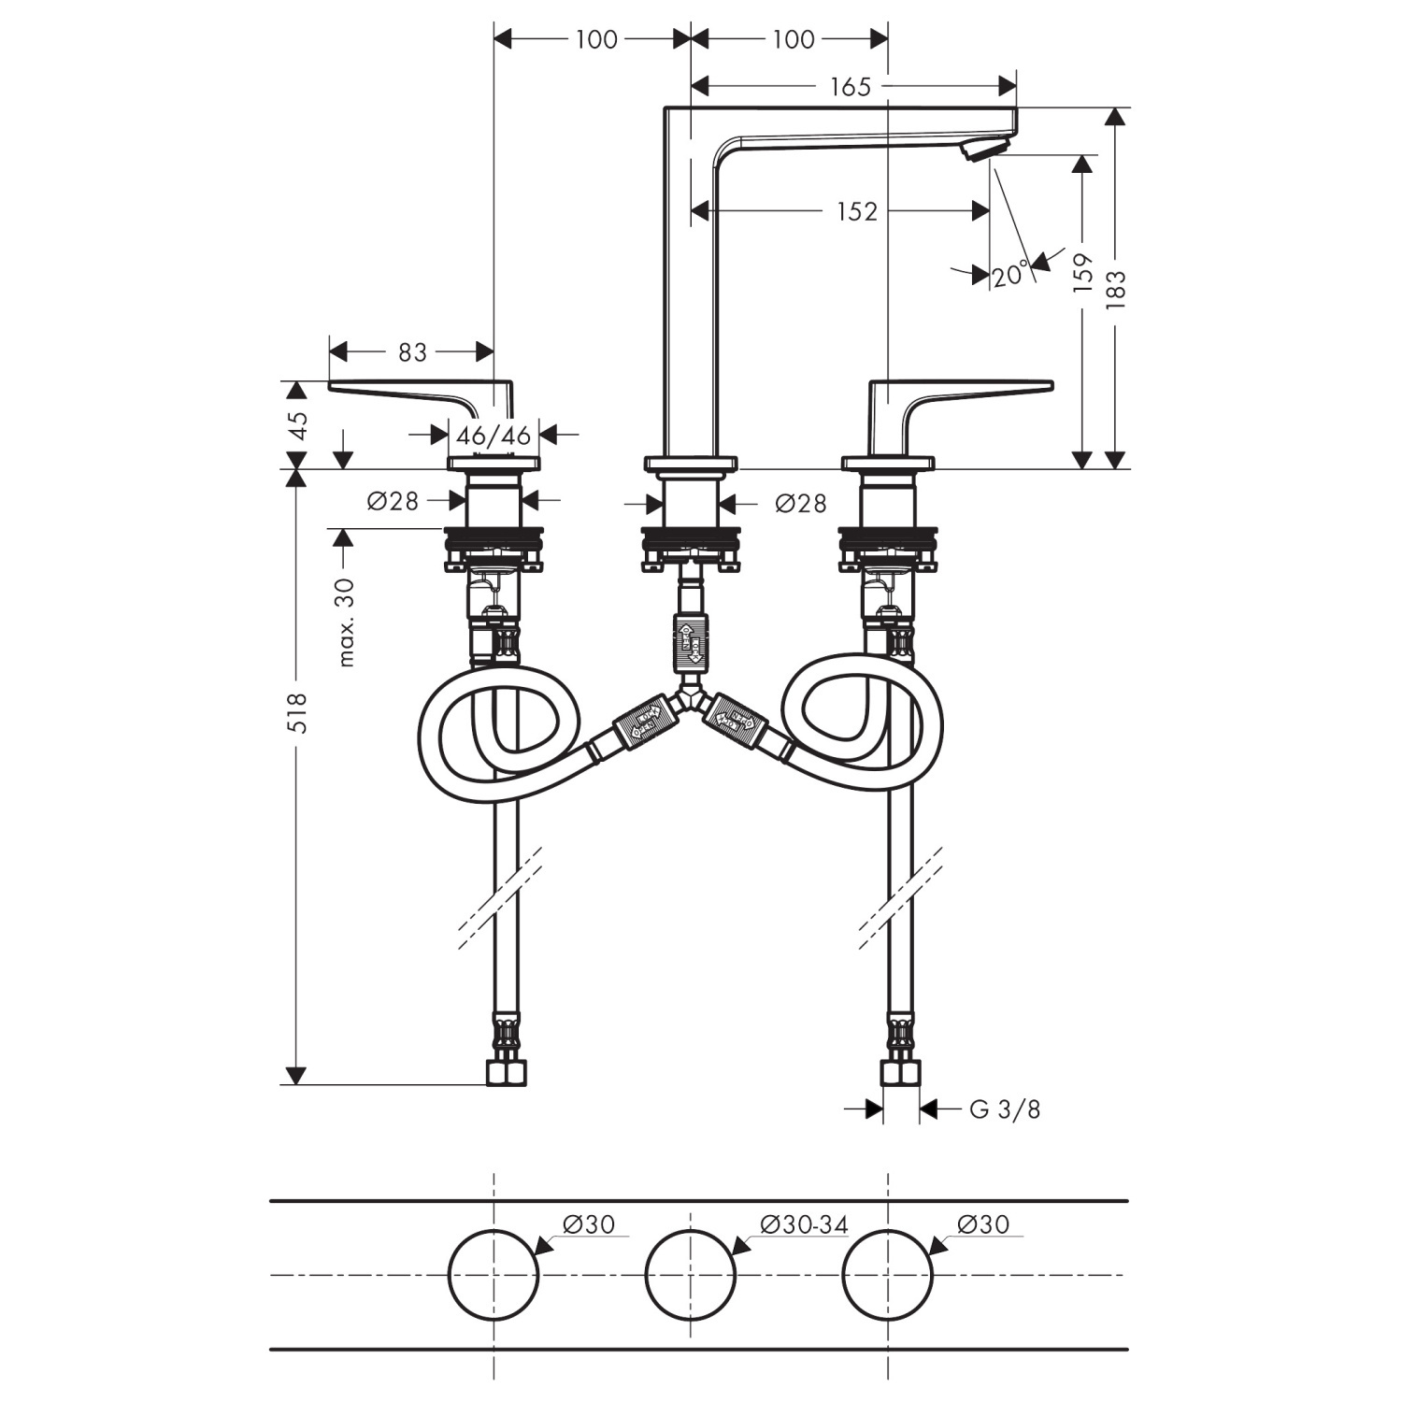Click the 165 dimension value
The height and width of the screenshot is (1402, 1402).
pos(850,87)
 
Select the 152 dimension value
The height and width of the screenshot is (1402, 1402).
pos(857,212)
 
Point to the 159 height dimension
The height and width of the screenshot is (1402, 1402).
pos(1082,273)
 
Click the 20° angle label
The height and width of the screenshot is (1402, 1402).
pos(1010,275)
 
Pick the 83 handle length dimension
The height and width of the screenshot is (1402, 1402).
pos(412,352)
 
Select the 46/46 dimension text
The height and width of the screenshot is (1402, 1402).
pos(494,435)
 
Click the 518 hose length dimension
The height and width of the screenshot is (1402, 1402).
pos(296,712)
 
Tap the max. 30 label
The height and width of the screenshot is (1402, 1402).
pos(346,622)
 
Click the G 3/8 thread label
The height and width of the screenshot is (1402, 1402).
pos(1005,1109)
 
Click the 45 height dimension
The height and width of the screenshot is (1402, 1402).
pos(297,424)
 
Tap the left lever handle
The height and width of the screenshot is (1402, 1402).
pos(421,393)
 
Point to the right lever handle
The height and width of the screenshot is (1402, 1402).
pos(963,393)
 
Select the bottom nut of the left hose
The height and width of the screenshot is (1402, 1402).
pos(508,1073)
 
